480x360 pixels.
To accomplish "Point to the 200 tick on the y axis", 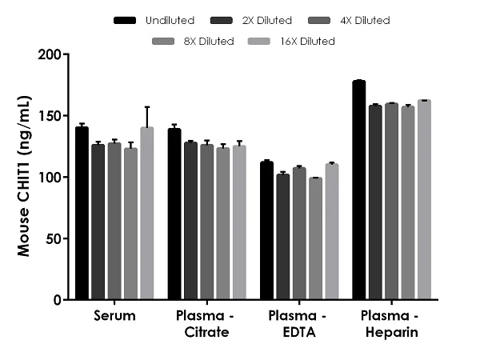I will pyautogui.click(x=67, y=54).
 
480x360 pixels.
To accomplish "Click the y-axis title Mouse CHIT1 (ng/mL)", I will pyautogui.click(x=26, y=178).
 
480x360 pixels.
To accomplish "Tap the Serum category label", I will pyautogui.click(x=114, y=316).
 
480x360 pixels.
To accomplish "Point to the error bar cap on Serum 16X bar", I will pyautogui.click(x=146, y=107).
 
